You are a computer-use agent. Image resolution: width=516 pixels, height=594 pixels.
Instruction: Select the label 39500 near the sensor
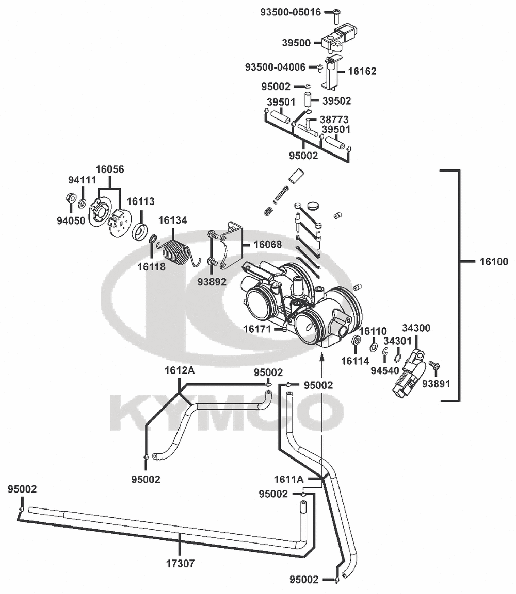[296, 43]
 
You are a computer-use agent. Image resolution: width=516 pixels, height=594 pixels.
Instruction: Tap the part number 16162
[362, 71]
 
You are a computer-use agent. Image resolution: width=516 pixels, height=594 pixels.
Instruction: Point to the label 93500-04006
[275, 67]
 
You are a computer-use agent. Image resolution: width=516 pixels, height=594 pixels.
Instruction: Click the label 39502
[336, 101]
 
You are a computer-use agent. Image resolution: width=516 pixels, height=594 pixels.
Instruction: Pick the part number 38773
[334, 120]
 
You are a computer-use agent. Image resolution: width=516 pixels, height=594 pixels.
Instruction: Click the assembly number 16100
[494, 261]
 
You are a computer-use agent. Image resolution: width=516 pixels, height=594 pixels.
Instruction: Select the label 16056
[109, 169]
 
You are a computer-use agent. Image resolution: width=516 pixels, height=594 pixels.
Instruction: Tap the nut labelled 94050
[70, 198]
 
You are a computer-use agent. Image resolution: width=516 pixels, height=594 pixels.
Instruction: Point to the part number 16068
[267, 244]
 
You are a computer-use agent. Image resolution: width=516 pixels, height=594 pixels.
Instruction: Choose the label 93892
[212, 282]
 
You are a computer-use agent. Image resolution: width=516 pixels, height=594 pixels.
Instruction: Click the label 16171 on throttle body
[257, 329]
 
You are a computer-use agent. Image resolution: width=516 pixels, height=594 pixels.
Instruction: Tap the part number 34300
[416, 328]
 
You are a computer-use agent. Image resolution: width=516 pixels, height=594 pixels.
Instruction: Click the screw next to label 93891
[434, 366]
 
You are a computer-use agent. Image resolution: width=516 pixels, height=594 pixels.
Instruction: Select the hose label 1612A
[180, 370]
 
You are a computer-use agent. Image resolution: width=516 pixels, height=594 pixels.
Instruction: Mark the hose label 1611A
[289, 479]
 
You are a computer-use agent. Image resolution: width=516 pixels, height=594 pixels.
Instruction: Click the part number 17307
[180, 563]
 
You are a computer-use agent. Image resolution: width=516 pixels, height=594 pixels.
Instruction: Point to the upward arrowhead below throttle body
[322, 355]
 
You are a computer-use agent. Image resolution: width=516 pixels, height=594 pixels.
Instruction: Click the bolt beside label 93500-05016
[336, 15]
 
